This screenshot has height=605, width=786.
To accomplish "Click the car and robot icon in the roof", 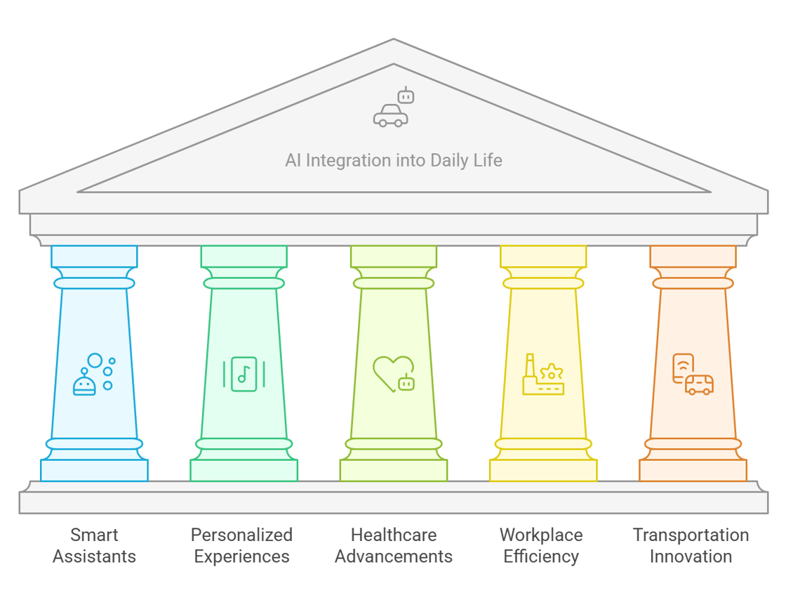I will point(392,108).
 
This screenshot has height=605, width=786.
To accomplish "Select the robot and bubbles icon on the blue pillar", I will point(94,375).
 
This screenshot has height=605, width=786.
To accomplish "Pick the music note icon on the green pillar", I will point(244,374).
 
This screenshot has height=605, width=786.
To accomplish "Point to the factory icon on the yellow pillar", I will point(542,374).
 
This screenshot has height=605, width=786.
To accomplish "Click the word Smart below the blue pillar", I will point(94,535).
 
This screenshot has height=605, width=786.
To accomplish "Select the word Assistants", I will point(94,557).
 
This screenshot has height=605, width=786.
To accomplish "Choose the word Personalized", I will point(241,535).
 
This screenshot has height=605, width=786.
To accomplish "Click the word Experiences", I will point(241,557).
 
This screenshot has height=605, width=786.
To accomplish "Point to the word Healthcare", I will point(393,535).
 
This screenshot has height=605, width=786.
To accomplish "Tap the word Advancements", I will point(393,557).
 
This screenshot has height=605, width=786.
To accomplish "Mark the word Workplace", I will point(541,535).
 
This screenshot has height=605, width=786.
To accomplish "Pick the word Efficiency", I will point(541,557).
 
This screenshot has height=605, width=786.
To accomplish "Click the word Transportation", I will point(691,535).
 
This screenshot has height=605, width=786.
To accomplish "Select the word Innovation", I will point(691,557).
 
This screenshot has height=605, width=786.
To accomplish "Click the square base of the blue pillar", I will point(94,470).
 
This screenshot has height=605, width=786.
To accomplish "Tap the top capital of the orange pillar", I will point(693,256).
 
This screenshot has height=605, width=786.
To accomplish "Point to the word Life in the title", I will point(488,161).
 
